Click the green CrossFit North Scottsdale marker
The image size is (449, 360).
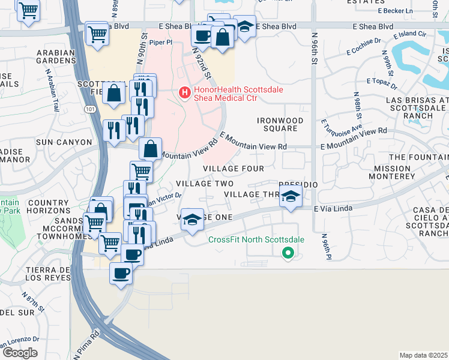click(x=288, y=253)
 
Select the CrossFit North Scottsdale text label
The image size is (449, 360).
click(x=256, y=239)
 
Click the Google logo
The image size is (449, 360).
click(x=19, y=353)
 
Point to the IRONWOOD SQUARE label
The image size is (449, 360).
click(x=280, y=124)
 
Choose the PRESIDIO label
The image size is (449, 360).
click(x=298, y=185)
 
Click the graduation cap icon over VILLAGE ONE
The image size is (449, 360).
click(x=192, y=219)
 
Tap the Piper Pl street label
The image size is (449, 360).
click(x=160, y=43)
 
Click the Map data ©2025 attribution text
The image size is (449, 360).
click(x=423, y=355)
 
